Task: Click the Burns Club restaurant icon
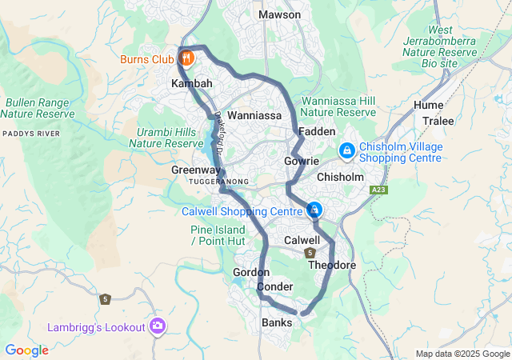[186, 58]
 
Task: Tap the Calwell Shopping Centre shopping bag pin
[314, 210]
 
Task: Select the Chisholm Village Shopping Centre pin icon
[347, 150]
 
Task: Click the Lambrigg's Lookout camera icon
[158, 326]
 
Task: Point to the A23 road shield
[378, 190]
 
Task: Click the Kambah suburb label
[192, 83]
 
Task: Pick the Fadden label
[312, 130]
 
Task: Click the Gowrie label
[302, 161]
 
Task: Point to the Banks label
[277, 322]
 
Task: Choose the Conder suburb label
[275, 286]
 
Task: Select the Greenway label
[194, 170]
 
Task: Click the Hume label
[428, 106]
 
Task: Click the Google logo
[26, 350]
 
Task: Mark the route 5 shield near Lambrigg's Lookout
[105, 299]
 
